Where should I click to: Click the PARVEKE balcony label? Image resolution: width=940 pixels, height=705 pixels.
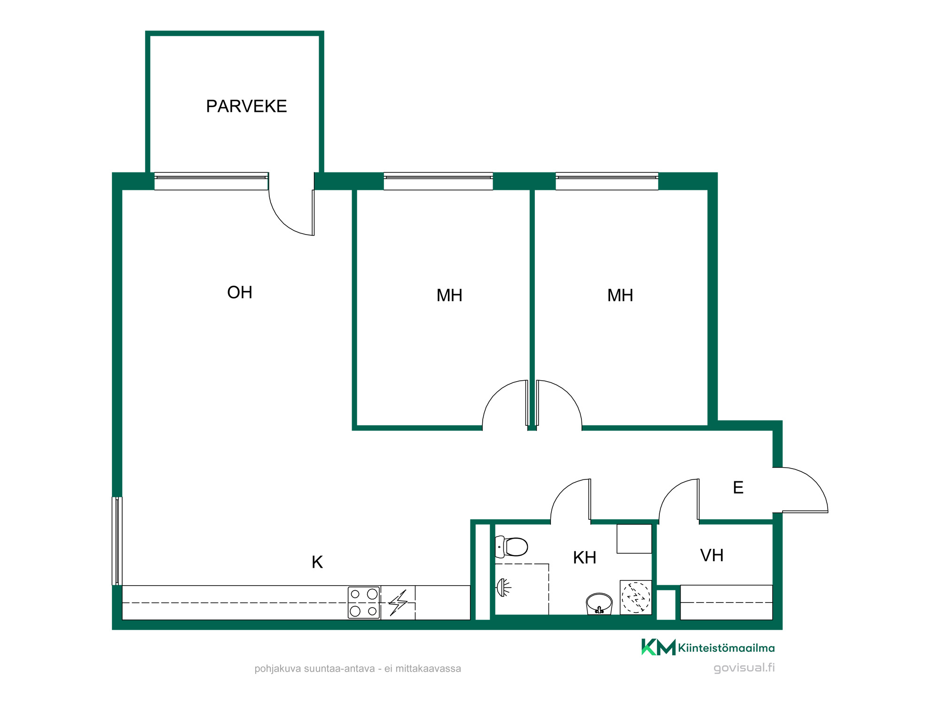click(x=246, y=106)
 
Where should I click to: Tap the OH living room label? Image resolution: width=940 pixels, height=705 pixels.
click(x=240, y=292)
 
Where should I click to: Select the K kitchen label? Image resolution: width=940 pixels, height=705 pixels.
click(x=317, y=562)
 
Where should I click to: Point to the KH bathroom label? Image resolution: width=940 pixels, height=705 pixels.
click(x=585, y=557)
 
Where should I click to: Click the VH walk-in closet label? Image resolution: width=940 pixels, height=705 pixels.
click(x=712, y=555)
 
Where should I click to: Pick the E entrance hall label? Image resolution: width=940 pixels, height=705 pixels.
click(x=738, y=487)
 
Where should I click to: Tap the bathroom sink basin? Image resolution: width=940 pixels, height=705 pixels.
click(x=599, y=603)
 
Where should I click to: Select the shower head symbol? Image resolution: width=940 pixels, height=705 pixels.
click(x=503, y=587)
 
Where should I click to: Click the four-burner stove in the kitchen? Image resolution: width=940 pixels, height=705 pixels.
click(x=364, y=603)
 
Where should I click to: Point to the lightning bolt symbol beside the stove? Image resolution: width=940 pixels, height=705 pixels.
click(x=398, y=603)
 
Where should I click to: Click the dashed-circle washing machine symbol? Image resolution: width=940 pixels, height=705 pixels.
click(x=636, y=597)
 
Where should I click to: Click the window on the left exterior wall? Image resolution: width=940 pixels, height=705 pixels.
click(x=117, y=541)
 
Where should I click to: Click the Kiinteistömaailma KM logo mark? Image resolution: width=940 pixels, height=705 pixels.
click(x=658, y=647)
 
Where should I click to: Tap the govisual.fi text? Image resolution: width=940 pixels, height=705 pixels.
click(x=744, y=668)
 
